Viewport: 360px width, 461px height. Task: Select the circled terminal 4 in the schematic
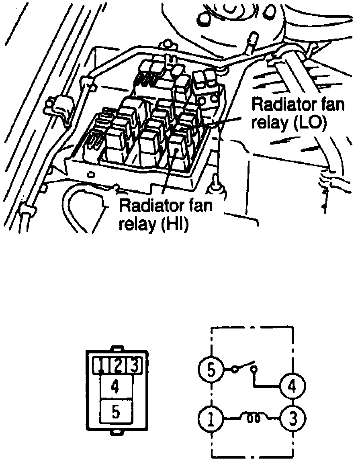[293, 386]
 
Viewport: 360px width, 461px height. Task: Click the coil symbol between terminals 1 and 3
[254, 418]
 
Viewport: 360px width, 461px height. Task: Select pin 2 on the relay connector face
[117, 365]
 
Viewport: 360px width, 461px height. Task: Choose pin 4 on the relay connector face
[115, 387]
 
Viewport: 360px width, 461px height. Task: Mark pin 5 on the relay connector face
[115, 412]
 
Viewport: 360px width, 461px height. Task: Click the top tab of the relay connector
[115, 349]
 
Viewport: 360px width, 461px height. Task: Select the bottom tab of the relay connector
[115, 432]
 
